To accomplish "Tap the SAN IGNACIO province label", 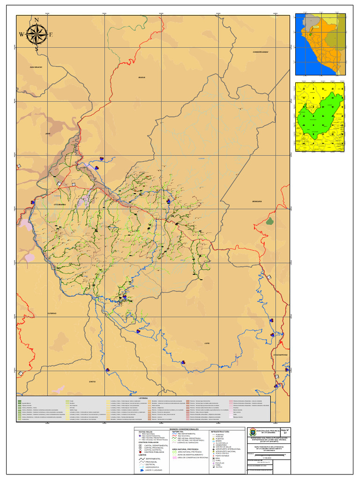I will pyautogui.click(x=36, y=67).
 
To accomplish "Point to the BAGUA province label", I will pyautogui.click(x=142, y=78).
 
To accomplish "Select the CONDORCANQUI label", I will pyautogui.click(x=260, y=52).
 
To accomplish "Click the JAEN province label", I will pyautogui.click(x=47, y=134).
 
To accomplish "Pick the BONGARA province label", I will pyautogui.click(x=256, y=202).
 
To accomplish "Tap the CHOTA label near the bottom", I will pyautogui.click(x=92, y=382).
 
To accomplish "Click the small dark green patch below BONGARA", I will pyautogui.click(x=270, y=222).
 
